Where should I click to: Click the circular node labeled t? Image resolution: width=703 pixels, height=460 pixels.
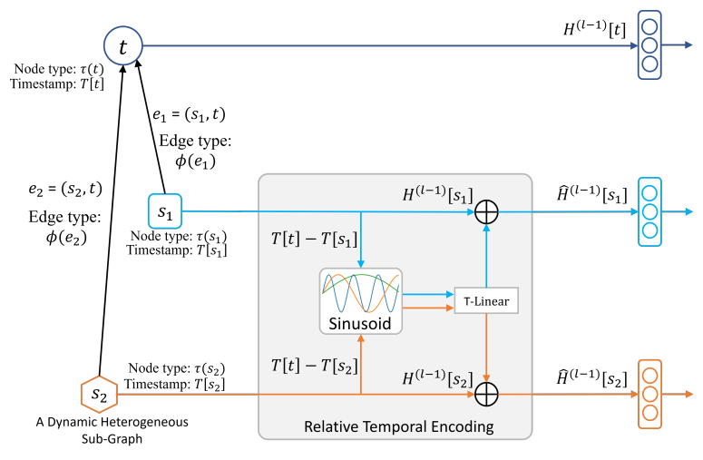click(x=123, y=45)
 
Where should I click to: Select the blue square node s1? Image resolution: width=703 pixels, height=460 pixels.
click(x=165, y=211)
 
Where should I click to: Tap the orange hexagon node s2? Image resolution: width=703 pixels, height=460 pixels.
click(x=99, y=395)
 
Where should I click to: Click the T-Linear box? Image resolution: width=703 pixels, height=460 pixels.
click(x=486, y=301)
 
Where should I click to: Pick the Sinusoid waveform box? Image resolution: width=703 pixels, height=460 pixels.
click(x=361, y=301)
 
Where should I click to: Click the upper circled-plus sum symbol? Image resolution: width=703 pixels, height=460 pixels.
click(x=486, y=211)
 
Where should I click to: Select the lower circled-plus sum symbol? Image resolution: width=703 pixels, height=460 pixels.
click(x=486, y=395)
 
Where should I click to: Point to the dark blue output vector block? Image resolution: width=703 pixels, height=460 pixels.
click(x=649, y=45)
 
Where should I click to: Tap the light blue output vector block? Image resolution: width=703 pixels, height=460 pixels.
click(x=649, y=211)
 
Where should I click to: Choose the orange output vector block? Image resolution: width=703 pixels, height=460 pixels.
click(x=649, y=395)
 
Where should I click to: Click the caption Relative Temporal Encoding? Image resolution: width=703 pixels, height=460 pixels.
click(x=398, y=426)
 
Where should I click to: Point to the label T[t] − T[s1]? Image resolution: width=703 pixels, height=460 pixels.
click(x=314, y=239)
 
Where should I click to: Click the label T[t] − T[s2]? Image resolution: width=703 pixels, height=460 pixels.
click(x=314, y=367)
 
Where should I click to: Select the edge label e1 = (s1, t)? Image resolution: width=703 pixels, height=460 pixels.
click(x=189, y=115)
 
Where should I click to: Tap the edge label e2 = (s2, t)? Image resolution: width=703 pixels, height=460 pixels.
click(x=65, y=190)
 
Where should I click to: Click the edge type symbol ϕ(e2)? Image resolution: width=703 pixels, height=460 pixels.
click(x=66, y=237)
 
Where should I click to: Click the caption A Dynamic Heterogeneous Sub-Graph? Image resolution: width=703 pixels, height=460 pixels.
click(x=112, y=430)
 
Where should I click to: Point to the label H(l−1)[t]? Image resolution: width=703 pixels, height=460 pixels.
click(x=594, y=29)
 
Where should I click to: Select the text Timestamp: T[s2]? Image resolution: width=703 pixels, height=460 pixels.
click(x=175, y=384)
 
